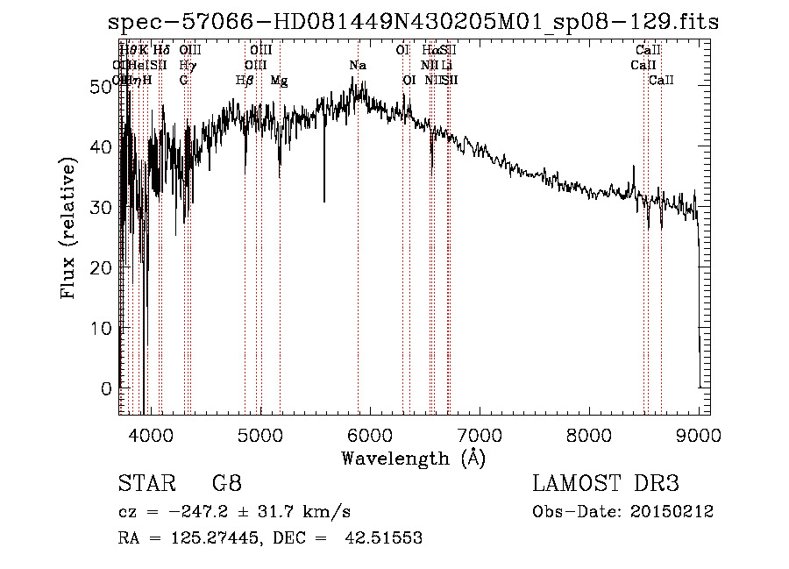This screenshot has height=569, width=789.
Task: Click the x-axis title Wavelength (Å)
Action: coord(413,458)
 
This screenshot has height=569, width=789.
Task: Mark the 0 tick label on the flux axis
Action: coord(109,388)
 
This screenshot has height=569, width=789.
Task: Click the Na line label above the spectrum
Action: coord(358,66)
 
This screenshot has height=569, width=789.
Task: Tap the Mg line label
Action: coord(279,81)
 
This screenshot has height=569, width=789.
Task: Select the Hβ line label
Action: coord(245,81)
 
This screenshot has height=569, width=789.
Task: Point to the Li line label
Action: coord(447,66)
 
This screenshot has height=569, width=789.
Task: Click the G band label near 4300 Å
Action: coord(183,81)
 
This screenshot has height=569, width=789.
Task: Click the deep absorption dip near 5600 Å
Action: coord(324,200)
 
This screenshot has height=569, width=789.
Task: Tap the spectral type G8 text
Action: coord(226,484)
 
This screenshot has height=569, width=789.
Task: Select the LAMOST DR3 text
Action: coord(606,484)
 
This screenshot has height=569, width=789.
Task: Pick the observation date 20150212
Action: coord(676,512)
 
